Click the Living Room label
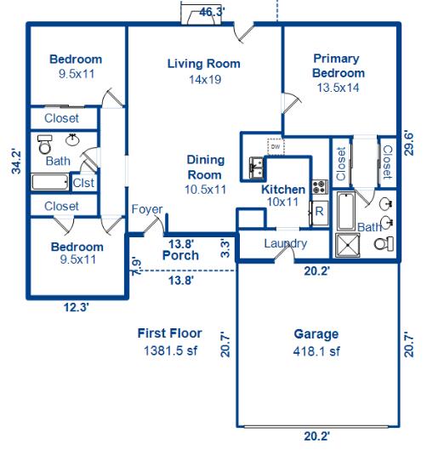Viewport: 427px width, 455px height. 203,64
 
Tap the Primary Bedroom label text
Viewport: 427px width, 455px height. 336,65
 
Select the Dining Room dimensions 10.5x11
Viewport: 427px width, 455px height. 206,190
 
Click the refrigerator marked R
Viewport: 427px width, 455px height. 319,212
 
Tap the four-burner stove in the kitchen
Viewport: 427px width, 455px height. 319,187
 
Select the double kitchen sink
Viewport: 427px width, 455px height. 256,168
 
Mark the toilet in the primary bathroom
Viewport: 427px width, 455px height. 384,244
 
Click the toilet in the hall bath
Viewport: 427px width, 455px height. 44,145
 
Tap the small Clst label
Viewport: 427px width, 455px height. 83,182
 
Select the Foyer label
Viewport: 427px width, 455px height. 146,210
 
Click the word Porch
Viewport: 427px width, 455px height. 179,255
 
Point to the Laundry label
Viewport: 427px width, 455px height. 285,244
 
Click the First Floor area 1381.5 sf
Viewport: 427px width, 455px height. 169,350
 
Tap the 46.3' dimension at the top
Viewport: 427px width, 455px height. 212,12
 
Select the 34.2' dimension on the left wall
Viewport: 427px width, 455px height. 15,161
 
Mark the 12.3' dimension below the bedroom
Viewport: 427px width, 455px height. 76,308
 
